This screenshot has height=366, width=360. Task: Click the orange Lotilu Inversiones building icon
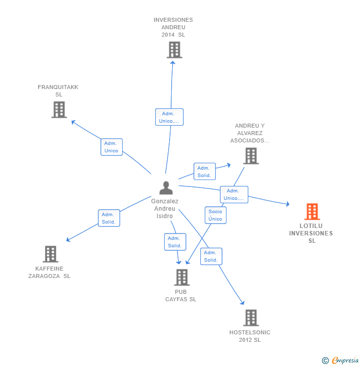click(x=312, y=212)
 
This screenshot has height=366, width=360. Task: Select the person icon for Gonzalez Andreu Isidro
click(x=166, y=188)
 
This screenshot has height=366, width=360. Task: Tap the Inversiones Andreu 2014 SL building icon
click(x=174, y=50)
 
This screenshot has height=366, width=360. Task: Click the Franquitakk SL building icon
click(x=59, y=109)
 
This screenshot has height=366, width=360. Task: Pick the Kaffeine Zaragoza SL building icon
click(x=50, y=254)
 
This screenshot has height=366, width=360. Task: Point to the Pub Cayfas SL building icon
click(x=181, y=277)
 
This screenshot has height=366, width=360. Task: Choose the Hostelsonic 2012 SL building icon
click(x=251, y=318)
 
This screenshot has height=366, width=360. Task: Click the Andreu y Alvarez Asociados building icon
click(x=251, y=156)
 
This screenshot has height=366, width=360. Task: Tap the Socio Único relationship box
click(x=215, y=215)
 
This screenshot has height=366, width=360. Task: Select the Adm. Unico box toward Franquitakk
click(x=111, y=147)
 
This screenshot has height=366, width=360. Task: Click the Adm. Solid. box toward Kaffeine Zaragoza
click(x=109, y=218)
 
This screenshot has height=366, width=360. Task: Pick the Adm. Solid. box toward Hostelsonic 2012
click(x=211, y=256)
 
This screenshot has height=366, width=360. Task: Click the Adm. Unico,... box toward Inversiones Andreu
click(x=169, y=117)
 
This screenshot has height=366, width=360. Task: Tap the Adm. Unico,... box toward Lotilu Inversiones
click(x=234, y=194)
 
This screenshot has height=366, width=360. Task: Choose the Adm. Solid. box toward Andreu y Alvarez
click(x=204, y=172)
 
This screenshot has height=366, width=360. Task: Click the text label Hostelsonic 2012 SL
click(x=250, y=336)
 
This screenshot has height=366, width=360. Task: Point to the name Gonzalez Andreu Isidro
click(x=165, y=209)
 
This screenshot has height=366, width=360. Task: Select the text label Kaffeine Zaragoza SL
click(x=49, y=273)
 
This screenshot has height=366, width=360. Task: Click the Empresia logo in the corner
click(x=344, y=361)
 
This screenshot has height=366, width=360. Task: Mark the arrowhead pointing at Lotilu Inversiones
click(x=287, y=204)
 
